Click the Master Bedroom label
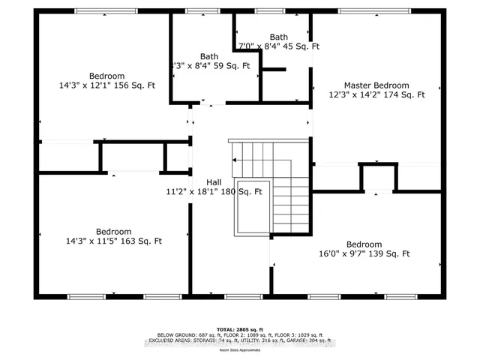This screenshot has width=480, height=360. pyautogui.click(x=376, y=85)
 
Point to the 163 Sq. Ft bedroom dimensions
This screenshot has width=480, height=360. pyautogui.click(x=113, y=241)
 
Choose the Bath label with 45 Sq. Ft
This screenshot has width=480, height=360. pyautogui.click(x=278, y=37)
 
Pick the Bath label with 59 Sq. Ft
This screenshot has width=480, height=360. pyautogui.click(x=208, y=56)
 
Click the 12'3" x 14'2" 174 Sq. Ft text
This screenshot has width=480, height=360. pyautogui.click(x=376, y=95)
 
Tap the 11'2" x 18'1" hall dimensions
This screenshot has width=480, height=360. pyautogui.click(x=214, y=191)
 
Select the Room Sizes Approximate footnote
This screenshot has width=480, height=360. pyautogui.click(x=239, y=349)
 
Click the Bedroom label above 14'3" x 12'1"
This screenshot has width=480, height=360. pyautogui.click(x=107, y=76)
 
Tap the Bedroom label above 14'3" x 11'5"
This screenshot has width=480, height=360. pyautogui.click(x=113, y=231)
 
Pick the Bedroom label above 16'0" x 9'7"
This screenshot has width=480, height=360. pyautogui.click(x=364, y=244)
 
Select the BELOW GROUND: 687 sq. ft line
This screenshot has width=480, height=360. pyautogui.click(x=239, y=334)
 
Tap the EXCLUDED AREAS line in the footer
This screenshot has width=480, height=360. pyautogui.click(x=239, y=340)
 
